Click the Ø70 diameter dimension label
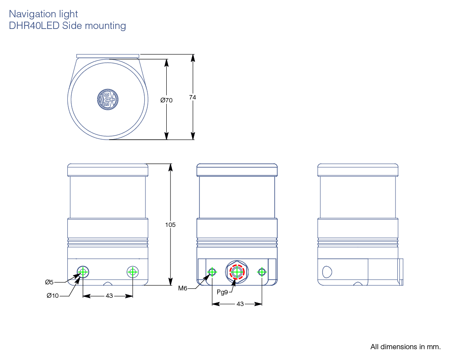(166, 100)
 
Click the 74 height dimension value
(193, 98)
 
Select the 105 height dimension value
(171, 225)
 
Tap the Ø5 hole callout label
(49, 282)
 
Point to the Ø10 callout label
(52, 296)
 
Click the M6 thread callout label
(183, 288)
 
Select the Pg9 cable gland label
(222, 292)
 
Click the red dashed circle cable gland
(237, 272)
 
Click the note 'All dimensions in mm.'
(405, 347)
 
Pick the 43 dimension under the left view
(109, 296)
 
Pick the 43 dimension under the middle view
(240, 304)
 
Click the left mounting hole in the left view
(83, 272)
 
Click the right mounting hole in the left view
(133, 272)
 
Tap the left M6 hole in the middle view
(212, 272)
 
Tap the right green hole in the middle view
(262, 272)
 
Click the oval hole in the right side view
(327, 271)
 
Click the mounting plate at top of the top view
(108, 56)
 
